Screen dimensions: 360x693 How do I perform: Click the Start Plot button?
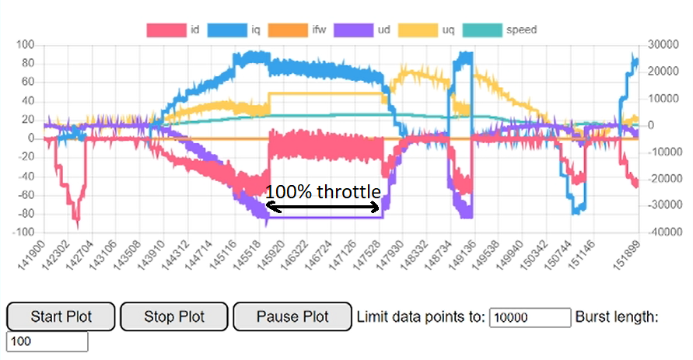point(61,317)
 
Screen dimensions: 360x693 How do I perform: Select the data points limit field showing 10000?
point(530,317)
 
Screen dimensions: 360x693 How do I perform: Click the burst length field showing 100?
point(47,342)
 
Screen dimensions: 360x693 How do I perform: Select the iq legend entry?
point(240,30)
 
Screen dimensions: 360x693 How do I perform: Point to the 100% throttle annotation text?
point(323,192)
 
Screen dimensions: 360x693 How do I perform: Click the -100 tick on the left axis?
point(24,232)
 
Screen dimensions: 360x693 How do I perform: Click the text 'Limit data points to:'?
point(420,317)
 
